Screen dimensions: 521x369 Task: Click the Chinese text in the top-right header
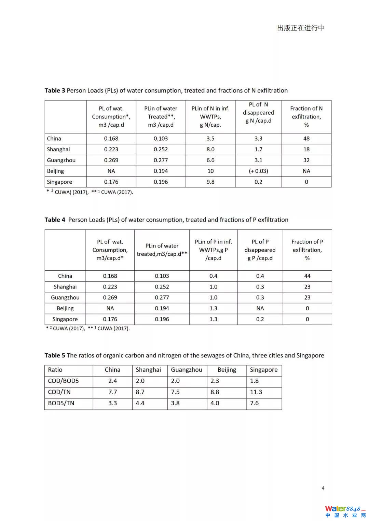pyautogui.click(x=301, y=28)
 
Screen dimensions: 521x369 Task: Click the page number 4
pyautogui.click(x=323, y=488)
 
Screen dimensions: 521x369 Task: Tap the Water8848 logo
pyautogui.click(x=345, y=511)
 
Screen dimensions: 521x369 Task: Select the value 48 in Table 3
pyautogui.click(x=306, y=139)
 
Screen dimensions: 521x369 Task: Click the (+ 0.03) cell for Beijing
pyautogui.click(x=258, y=171)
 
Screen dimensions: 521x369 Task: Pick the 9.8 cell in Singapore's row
pyautogui.click(x=210, y=182)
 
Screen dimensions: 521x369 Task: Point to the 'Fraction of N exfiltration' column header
pyautogui.click(x=306, y=116)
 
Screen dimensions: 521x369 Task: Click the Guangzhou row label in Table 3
pyautogui.click(x=61, y=160)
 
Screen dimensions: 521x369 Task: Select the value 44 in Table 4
pyautogui.click(x=307, y=276)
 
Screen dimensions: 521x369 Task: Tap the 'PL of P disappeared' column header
pyautogui.click(x=260, y=250)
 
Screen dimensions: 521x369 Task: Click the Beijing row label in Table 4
pyautogui.click(x=65, y=308)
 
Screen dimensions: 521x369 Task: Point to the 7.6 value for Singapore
pyautogui.click(x=254, y=403)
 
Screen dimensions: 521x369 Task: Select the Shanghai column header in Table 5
pyautogui.click(x=148, y=370)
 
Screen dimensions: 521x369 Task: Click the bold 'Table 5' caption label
pyautogui.click(x=55, y=355)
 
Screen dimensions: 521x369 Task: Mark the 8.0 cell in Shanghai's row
pyautogui.click(x=210, y=150)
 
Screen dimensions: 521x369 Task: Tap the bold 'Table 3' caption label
pyautogui.click(x=55, y=90)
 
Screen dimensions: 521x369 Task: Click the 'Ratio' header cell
pyautogui.click(x=55, y=370)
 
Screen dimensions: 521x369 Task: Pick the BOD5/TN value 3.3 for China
pyautogui.click(x=112, y=403)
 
